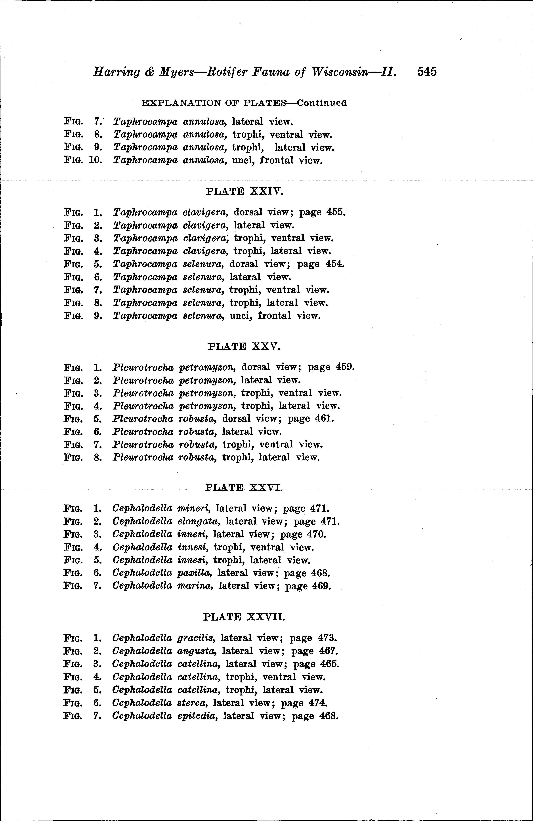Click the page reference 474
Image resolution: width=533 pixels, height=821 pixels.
(318, 703)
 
